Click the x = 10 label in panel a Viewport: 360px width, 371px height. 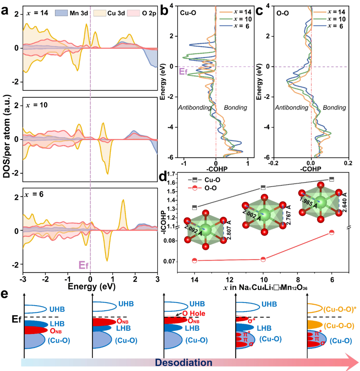[x=38, y=105]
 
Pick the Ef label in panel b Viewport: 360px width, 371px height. [x=183, y=71]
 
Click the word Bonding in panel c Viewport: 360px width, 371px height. [x=334, y=108]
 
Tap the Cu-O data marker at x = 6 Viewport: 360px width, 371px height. [x=331, y=179]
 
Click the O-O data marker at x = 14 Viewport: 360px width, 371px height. [x=194, y=260]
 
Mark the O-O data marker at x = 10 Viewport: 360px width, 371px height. [x=263, y=259]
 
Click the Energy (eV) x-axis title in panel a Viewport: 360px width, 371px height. [x=90, y=286]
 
